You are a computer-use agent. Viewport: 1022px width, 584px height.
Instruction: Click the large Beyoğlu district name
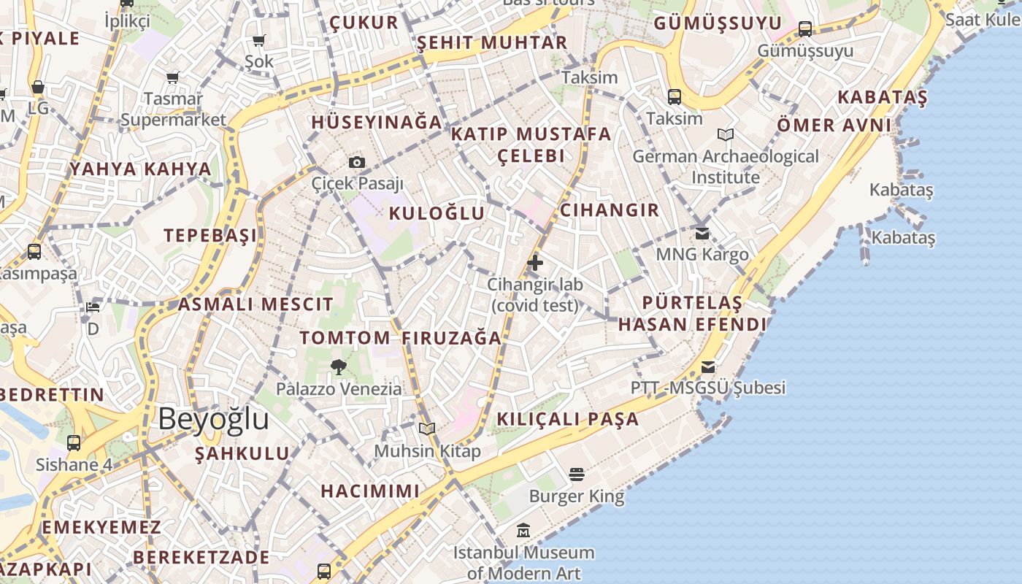pyautogui.click(x=213, y=420)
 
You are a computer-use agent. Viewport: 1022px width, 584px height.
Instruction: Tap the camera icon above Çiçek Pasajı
pyautogui.click(x=356, y=162)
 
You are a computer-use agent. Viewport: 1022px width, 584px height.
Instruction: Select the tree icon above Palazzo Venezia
pyautogui.click(x=338, y=366)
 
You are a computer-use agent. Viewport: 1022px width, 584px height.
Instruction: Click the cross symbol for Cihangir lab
pyautogui.click(x=535, y=262)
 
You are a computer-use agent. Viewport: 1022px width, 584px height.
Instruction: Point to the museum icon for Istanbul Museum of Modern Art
pyautogui.click(x=523, y=531)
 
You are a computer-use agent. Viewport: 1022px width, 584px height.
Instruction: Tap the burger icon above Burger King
pyautogui.click(x=577, y=474)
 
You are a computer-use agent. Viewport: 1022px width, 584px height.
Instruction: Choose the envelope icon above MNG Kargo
pyautogui.click(x=702, y=234)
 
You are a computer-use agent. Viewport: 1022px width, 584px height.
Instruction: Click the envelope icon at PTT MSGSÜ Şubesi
pyautogui.click(x=708, y=366)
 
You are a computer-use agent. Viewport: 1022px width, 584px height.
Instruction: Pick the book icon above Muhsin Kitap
pyautogui.click(x=427, y=429)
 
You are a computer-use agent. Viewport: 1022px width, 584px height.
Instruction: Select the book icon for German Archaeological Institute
pyautogui.click(x=725, y=134)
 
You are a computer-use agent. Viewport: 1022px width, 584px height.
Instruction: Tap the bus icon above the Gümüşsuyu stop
pyautogui.click(x=805, y=29)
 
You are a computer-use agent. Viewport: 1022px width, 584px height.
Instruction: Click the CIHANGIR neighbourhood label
pyautogui.click(x=609, y=210)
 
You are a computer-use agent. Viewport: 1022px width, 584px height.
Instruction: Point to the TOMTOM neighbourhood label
pyautogui.click(x=345, y=338)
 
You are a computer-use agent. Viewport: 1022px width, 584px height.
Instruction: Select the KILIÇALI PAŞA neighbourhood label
pyautogui.click(x=567, y=419)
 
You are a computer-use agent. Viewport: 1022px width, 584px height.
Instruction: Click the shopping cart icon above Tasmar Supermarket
pyautogui.click(x=173, y=77)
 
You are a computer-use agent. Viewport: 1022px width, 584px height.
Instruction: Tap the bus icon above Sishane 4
pyautogui.click(x=74, y=442)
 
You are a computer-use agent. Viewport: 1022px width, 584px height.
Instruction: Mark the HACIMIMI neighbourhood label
pyautogui.click(x=370, y=491)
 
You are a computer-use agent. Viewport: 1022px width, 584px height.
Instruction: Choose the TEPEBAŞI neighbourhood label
pyautogui.click(x=210, y=235)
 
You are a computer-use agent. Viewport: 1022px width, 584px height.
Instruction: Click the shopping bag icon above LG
pyautogui.click(x=38, y=88)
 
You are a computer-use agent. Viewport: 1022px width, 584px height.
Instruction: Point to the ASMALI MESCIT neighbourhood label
pyautogui.click(x=255, y=304)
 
